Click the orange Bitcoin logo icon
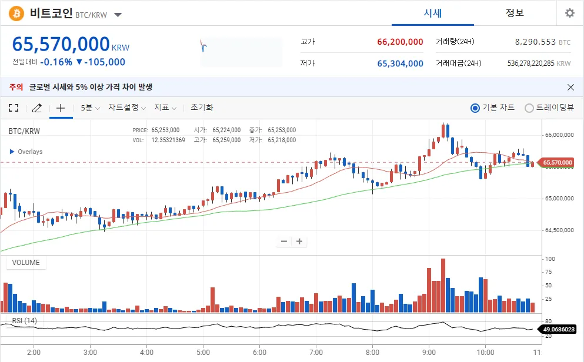(x=16, y=13)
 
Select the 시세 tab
(x=432, y=13)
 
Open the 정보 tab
(x=515, y=13)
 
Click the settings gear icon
(x=569, y=13)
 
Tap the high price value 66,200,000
(x=400, y=42)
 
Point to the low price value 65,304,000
(x=400, y=63)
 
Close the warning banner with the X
(x=570, y=87)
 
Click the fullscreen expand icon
(x=14, y=108)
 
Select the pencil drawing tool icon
(x=37, y=108)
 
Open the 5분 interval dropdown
(x=90, y=108)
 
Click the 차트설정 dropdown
(x=127, y=108)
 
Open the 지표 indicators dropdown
(x=165, y=108)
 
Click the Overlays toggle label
(x=26, y=152)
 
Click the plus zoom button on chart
(x=299, y=241)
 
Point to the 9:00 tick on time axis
(x=429, y=351)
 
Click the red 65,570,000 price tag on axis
(x=557, y=162)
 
